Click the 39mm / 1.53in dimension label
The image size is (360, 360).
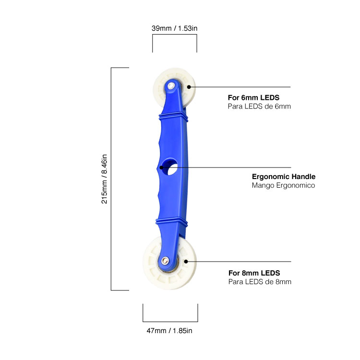(174, 28)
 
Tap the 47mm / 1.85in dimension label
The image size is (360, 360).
(169, 331)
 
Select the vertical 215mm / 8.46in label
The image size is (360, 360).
(104, 179)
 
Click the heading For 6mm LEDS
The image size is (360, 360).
(253, 97)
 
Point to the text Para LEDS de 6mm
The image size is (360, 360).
(259, 106)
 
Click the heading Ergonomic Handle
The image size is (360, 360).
(284, 177)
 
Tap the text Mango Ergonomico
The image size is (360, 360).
(283, 185)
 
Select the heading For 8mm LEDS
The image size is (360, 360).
(254, 273)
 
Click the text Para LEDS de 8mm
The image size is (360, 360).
(260, 282)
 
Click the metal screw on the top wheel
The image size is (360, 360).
(171, 86)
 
